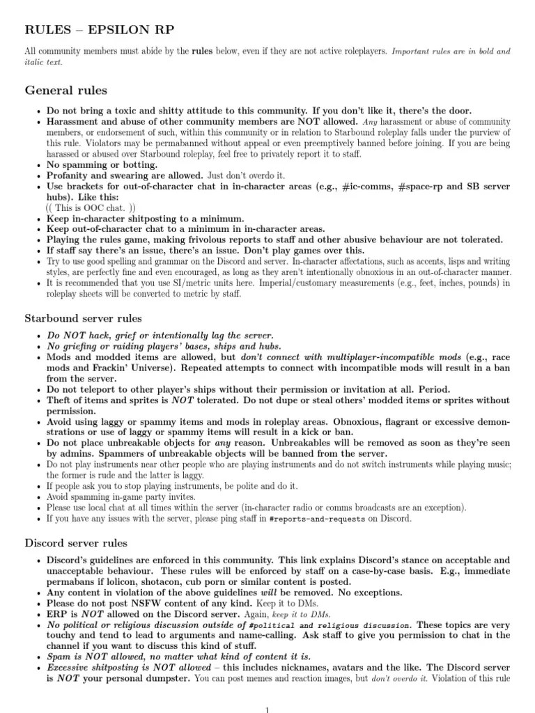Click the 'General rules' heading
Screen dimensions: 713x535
coord(66,91)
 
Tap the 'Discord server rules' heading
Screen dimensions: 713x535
coord(76,542)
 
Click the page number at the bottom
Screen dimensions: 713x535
coord(267,708)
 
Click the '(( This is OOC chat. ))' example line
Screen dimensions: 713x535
coord(91,208)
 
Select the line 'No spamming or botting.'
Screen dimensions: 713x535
coord(102,165)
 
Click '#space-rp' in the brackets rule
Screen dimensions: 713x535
coord(377,187)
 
